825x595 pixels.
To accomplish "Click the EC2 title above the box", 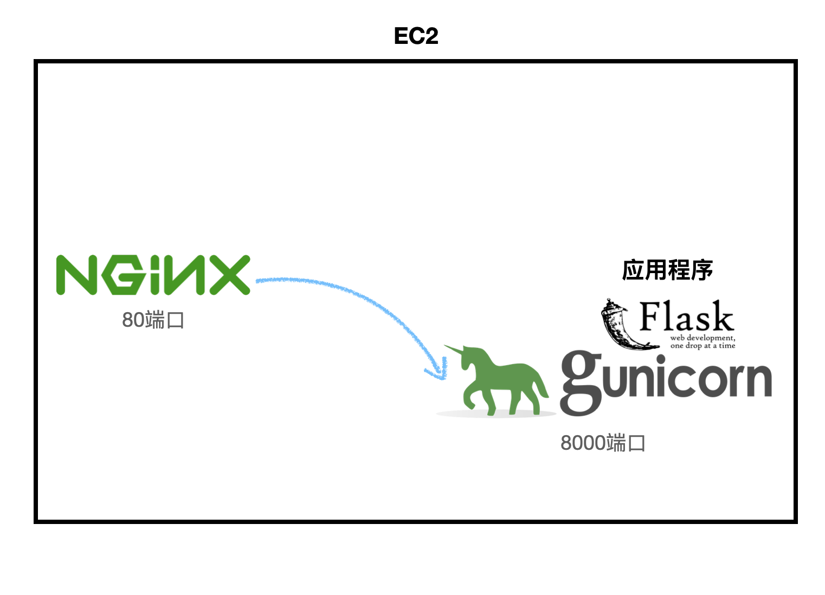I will (416, 36).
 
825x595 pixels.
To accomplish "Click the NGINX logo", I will (153, 275).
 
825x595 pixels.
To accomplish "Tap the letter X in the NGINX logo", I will (229, 275).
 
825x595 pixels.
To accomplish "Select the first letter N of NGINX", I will (76, 275).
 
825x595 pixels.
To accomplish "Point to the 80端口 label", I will (153, 320).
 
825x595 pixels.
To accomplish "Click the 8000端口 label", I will (602, 443).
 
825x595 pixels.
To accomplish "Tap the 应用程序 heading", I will (667, 270).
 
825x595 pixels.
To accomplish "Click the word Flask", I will (686, 317).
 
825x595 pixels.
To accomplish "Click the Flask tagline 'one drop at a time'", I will (702, 346).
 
